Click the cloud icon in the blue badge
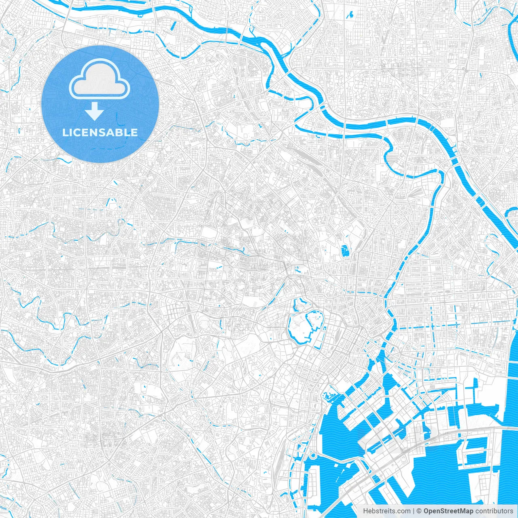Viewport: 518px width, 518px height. tap(100, 80)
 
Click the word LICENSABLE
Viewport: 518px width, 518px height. tap(100, 132)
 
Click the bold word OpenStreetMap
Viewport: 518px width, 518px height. tap(448, 511)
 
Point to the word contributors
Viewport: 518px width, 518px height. tap(494, 511)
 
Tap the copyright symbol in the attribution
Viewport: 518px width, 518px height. tap(419, 511)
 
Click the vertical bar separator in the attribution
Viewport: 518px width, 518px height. tap(413, 511)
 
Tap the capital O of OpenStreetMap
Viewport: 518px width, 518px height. tap(427, 511)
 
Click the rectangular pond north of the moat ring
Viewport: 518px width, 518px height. tap(345, 251)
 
